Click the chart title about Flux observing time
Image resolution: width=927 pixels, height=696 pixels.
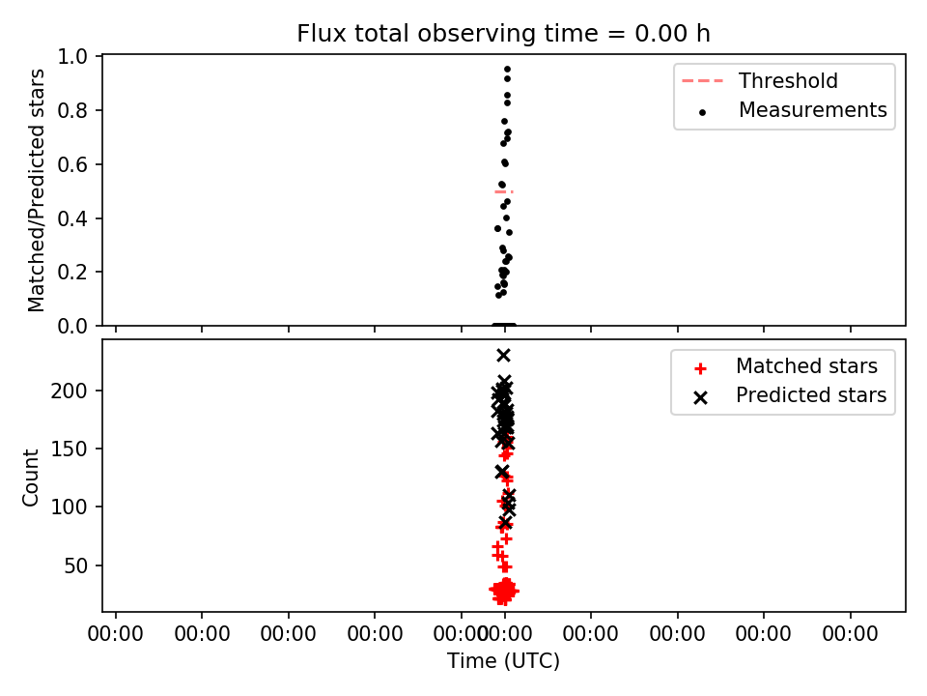pyautogui.click(x=503, y=34)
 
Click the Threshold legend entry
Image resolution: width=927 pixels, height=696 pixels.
pyautogui.click(x=760, y=80)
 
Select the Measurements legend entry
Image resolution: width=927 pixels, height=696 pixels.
pyautogui.click(x=792, y=110)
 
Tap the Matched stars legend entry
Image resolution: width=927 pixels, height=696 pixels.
pyautogui.click(x=786, y=366)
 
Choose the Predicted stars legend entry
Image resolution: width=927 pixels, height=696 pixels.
pyautogui.click(x=791, y=395)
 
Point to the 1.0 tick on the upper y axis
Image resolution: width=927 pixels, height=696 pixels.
pyautogui.click(x=72, y=57)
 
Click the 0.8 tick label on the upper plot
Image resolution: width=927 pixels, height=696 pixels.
pyautogui.click(x=72, y=110)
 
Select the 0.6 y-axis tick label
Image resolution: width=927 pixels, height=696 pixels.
pyautogui.click(x=72, y=164)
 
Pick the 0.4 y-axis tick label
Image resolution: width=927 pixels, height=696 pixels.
pyautogui.click(x=72, y=218)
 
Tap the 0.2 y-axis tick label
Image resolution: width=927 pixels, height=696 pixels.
pyautogui.click(x=72, y=273)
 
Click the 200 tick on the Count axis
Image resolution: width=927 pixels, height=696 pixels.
pyautogui.click(x=69, y=391)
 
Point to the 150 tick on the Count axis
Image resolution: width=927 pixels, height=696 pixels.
pyautogui.click(x=69, y=449)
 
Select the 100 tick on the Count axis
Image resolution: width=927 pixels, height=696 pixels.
pyautogui.click(x=69, y=507)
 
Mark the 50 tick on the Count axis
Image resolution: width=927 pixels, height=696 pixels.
pyautogui.click(x=75, y=565)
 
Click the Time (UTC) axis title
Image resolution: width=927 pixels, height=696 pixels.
pyautogui.click(x=503, y=661)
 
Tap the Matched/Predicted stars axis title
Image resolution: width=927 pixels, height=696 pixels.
pyautogui.click(x=37, y=190)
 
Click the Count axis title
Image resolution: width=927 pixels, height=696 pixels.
pyautogui.click(x=30, y=477)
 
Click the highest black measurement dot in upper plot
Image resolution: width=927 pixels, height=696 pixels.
pyautogui.click(x=507, y=70)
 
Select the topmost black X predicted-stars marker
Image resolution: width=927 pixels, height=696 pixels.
pyautogui.click(x=503, y=355)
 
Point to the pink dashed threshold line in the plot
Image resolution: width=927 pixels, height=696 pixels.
pyautogui.click(x=504, y=191)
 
